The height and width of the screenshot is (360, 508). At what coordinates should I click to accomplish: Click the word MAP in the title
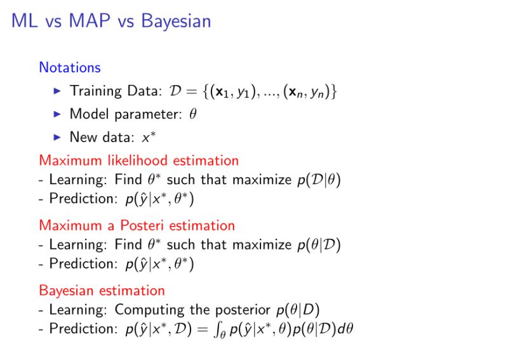[90, 21]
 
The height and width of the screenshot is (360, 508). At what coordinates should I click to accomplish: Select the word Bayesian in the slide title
[176, 22]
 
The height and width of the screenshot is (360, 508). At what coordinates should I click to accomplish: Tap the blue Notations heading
[70, 67]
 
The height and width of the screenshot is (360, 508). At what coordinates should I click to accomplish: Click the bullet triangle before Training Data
[57, 91]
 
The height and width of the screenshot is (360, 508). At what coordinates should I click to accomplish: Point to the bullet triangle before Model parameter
[57, 114]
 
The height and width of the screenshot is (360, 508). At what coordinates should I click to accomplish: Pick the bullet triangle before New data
[57, 137]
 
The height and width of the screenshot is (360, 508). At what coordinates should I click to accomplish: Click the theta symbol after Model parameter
[193, 114]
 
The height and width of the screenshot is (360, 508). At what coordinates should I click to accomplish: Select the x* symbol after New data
[149, 137]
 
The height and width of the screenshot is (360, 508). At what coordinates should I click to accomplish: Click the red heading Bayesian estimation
[102, 291]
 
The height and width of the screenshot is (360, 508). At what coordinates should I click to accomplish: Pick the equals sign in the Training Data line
[192, 91]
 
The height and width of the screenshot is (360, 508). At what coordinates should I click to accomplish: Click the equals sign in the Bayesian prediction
[203, 330]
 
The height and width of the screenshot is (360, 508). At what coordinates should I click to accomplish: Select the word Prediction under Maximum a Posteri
[84, 263]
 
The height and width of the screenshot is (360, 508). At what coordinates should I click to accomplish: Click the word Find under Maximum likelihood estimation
[128, 180]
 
